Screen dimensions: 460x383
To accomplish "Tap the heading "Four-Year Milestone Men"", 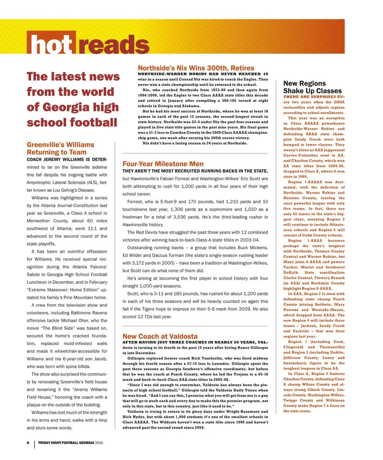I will point(163,164).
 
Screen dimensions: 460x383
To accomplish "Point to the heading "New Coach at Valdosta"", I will point(160,337).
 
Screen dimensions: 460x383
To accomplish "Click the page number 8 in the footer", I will point(28,443).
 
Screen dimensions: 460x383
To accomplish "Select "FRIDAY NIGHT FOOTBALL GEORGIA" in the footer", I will point(66,443).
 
